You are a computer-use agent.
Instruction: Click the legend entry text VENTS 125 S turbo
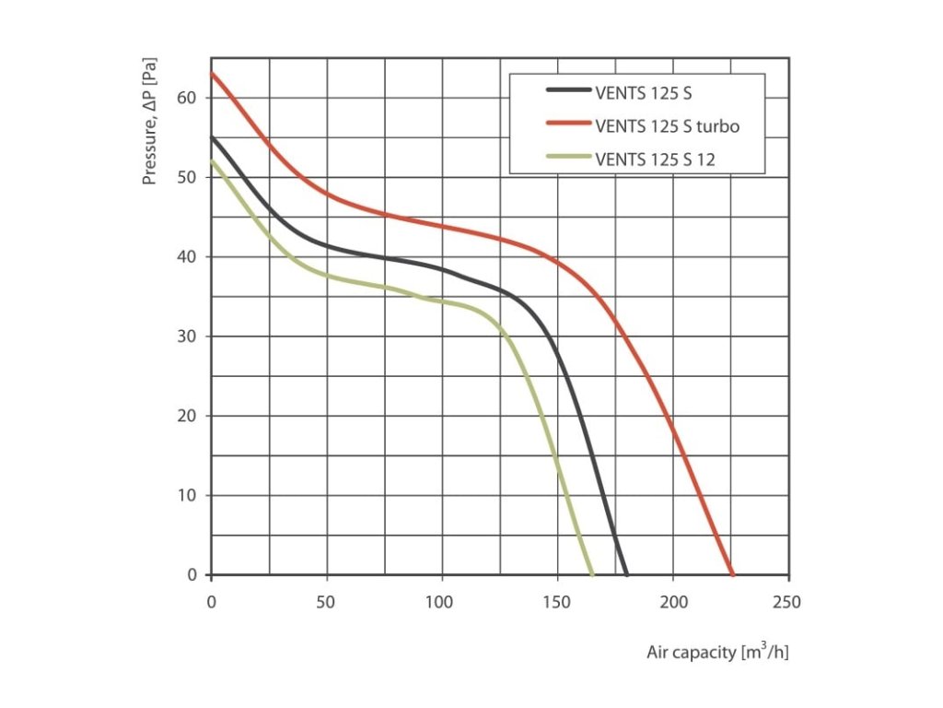pyautogui.click(x=668, y=125)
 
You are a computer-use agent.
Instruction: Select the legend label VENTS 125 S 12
pyautogui.click(x=656, y=159)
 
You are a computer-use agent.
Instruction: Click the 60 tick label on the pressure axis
pyautogui.click(x=189, y=97)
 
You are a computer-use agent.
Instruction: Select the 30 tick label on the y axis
pyautogui.click(x=189, y=336)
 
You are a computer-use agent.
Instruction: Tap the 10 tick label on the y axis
pyautogui.click(x=189, y=495)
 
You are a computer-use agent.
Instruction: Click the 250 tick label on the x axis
pyautogui.click(x=788, y=603)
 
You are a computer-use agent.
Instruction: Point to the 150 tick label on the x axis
pyautogui.click(x=557, y=603)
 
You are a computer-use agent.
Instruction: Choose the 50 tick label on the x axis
pyautogui.click(x=327, y=603)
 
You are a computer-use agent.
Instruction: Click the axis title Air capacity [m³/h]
pyautogui.click(x=717, y=653)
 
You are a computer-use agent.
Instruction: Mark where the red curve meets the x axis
pyautogui.click(x=733, y=575)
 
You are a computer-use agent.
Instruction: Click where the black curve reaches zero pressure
pyautogui.click(x=626, y=575)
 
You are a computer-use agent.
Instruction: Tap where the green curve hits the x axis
pyautogui.click(x=592, y=575)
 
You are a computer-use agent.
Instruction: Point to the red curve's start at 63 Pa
pyautogui.click(x=212, y=73)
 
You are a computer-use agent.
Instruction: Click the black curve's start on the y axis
pyautogui.click(x=212, y=136)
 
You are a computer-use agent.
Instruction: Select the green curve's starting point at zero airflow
pyautogui.click(x=212, y=160)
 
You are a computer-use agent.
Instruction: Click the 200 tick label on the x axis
pyautogui.click(x=673, y=603)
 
